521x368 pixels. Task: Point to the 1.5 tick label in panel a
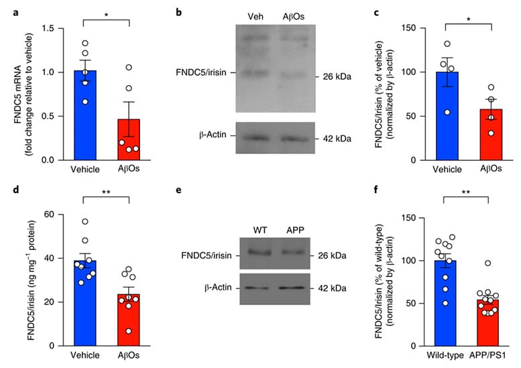[47, 28]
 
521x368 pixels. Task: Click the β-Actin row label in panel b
[213, 136]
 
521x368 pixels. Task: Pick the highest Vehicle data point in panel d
[85, 222]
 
